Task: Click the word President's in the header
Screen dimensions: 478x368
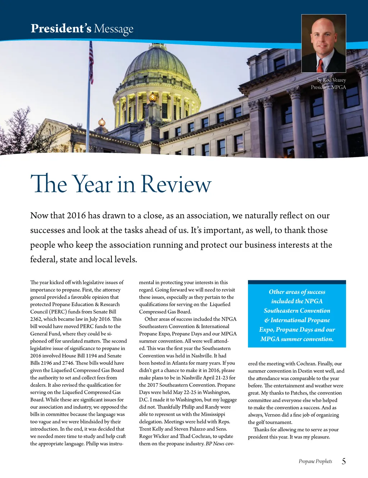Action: click(61, 28)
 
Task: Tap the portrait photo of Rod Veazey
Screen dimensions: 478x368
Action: click(323, 43)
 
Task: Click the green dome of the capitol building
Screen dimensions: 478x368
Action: click(157, 65)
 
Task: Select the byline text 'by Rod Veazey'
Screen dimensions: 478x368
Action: click(331, 80)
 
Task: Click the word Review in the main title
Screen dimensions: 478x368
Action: click(176, 184)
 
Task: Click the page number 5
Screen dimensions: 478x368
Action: click(344, 461)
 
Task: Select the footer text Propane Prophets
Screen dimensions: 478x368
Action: click(315, 461)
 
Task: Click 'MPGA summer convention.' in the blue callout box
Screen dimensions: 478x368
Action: click(297, 339)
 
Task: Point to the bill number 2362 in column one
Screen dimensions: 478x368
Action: click(36, 319)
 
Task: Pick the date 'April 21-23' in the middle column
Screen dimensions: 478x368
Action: click(214, 378)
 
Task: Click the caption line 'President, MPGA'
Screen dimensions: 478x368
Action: click(328, 87)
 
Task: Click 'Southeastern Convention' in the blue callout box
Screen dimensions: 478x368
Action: click(297, 311)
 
